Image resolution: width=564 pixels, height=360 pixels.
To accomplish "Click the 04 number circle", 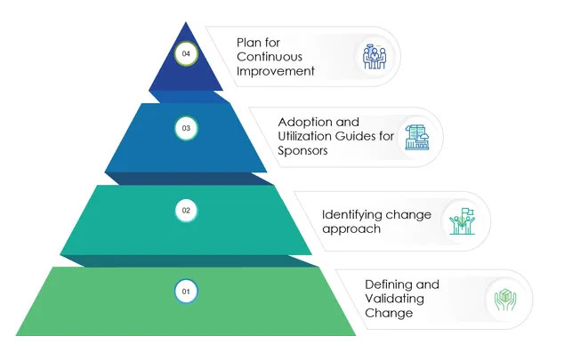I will click(x=186, y=54).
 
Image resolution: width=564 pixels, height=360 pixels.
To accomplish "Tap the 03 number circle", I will click(x=186, y=129).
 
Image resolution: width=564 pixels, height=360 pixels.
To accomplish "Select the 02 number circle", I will click(x=186, y=211).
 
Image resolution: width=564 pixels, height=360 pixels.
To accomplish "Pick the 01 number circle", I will click(x=186, y=291).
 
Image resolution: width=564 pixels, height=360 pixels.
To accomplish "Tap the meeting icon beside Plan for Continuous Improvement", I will click(x=373, y=56).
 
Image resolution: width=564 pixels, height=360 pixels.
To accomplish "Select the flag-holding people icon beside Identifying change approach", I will click(x=462, y=220).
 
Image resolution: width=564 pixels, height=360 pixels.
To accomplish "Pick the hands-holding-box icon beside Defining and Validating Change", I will click(x=504, y=300).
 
